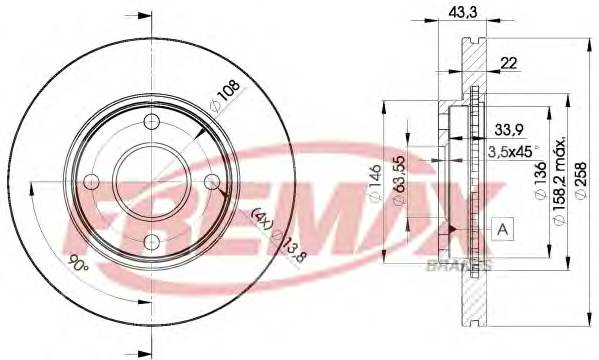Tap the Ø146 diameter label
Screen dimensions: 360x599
tap(376, 184)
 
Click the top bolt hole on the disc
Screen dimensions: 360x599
tap(152, 122)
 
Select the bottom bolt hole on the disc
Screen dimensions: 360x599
tap(152, 242)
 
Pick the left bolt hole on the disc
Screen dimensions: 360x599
tap(92, 182)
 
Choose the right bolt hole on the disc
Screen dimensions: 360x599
tap(212, 182)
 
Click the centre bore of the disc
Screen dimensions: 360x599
tap(152, 182)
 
